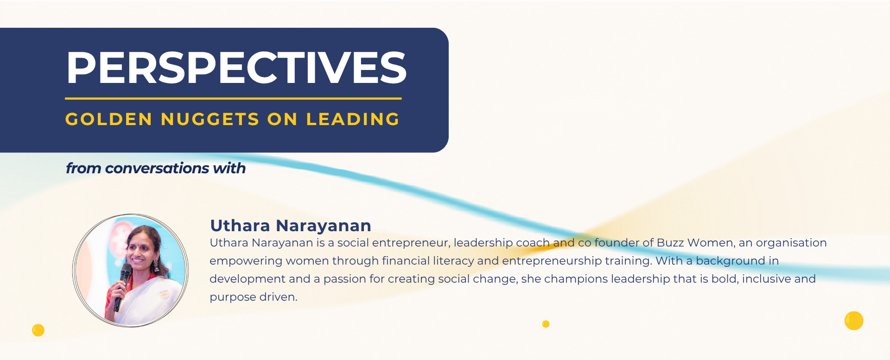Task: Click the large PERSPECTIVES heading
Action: click(x=236, y=68)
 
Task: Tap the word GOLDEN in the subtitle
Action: click(x=109, y=119)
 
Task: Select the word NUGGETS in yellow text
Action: click(x=210, y=119)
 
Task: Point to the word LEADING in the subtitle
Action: click(x=353, y=119)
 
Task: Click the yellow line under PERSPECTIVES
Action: click(x=233, y=99)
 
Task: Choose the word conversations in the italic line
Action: click(x=157, y=168)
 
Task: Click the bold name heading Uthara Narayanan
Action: click(x=291, y=226)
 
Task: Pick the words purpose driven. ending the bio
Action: click(x=254, y=297)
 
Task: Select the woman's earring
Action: click(x=156, y=265)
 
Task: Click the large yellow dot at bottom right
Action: click(x=854, y=321)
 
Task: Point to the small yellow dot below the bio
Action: click(x=546, y=324)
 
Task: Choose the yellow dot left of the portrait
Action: click(x=38, y=330)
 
